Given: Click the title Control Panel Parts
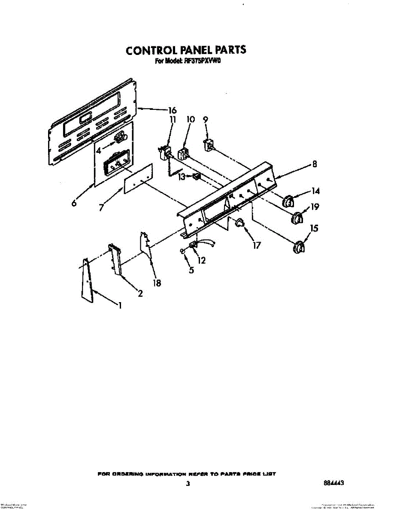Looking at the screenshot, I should pyautogui.click(x=186, y=50).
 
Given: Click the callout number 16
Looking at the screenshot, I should pyautogui.click(x=172, y=110).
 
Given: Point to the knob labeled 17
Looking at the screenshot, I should pyautogui.click(x=239, y=222).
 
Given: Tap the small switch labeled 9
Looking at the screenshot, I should pyautogui.click(x=209, y=145).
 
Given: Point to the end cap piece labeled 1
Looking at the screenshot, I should pyautogui.click(x=87, y=281).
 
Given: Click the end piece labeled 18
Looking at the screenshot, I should pyautogui.click(x=146, y=246).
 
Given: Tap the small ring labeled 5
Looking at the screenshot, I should pyautogui.click(x=183, y=252).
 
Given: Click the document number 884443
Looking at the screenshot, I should pyautogui.click(x=334, y=483).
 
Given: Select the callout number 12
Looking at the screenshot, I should pyautogui.click(x=201, y=260).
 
